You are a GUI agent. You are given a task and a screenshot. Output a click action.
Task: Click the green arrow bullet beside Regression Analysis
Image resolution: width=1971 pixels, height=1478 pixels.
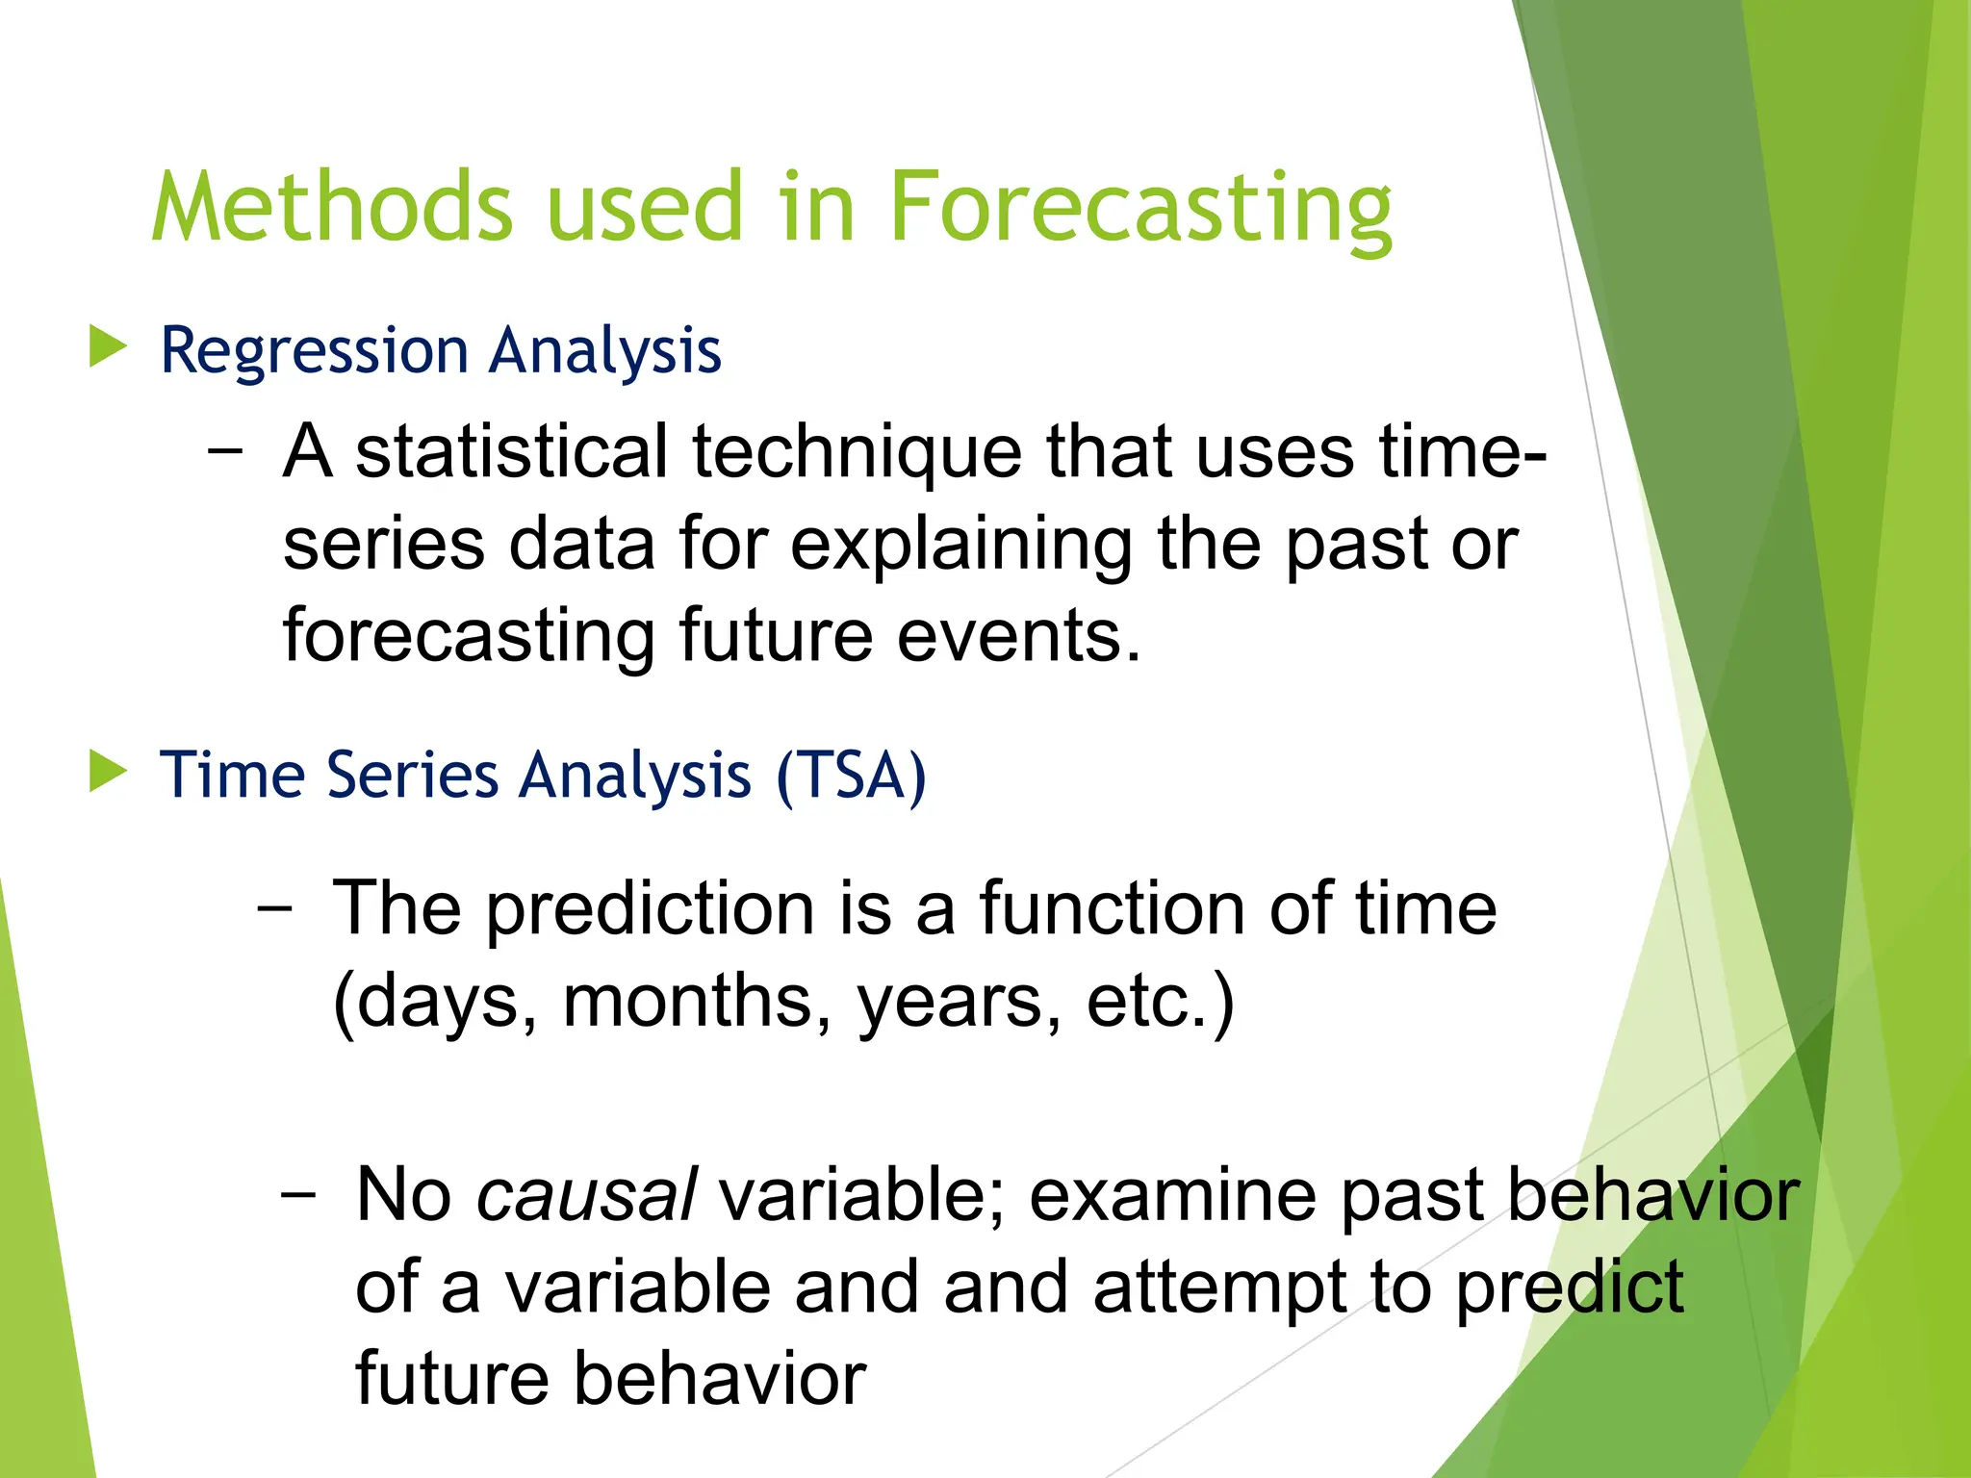[107, 346]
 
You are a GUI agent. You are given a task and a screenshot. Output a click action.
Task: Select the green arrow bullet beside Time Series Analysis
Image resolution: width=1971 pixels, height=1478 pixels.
[107, 772]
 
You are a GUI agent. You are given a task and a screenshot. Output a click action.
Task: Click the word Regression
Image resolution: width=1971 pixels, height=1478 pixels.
[314, 352]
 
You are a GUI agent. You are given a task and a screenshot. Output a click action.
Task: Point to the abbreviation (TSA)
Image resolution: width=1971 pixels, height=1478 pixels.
[851, 776]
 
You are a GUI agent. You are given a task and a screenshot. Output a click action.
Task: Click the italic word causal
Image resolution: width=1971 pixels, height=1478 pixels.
[586, 1195]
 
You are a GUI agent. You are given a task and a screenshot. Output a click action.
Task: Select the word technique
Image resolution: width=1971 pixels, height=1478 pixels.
[857, 452]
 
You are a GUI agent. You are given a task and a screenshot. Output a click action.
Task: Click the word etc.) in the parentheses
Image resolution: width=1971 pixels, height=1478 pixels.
[1160, 1003]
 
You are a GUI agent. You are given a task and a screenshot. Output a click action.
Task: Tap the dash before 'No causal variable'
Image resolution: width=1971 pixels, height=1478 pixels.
[298, 1194]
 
